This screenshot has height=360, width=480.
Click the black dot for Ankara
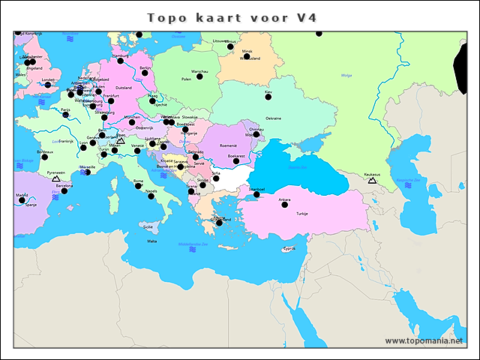point(285,205)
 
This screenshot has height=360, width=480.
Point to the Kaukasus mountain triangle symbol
point(372,181)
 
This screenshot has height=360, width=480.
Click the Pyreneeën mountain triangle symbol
point(55,179)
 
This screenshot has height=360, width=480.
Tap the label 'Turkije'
point(301,214)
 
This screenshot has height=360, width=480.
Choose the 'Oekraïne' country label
point(274,118)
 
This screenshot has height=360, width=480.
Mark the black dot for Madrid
point(22,200)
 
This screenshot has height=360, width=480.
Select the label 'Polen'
point(187,78)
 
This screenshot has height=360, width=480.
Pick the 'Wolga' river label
point(346,75)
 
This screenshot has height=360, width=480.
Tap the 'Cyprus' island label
point(289,249)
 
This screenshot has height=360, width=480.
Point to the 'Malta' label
point(152,241)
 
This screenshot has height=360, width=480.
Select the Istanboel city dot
point(256,194)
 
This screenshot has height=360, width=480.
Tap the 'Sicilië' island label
point(148,226)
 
